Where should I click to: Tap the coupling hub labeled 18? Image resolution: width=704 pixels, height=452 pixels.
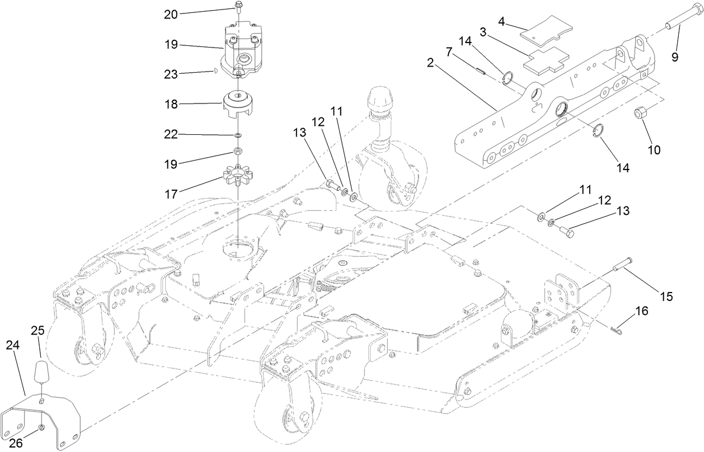coord(239,104)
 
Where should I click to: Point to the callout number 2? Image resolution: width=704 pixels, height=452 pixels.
coord(430,63)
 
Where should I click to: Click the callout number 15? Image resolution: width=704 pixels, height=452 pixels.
coord(666,296)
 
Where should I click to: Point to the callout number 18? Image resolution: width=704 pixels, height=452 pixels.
coord(170,103)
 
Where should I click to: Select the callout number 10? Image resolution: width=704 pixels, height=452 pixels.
coord(654,150)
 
